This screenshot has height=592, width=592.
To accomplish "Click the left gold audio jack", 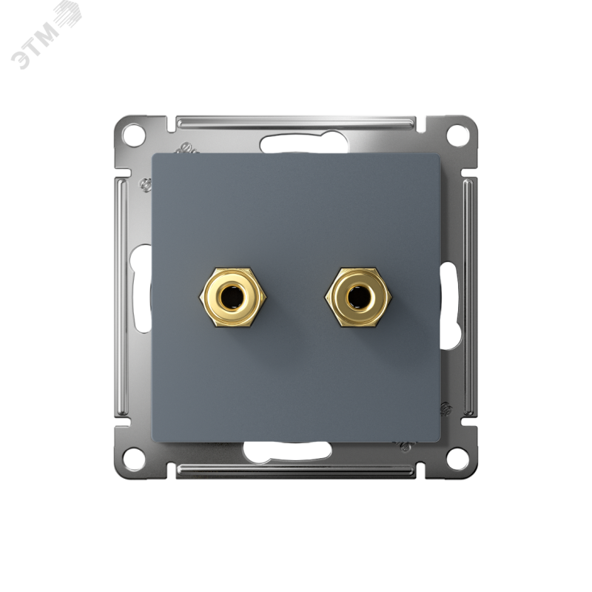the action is [x=233, y=297].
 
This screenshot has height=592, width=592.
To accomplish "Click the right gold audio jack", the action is [x=359, y=297].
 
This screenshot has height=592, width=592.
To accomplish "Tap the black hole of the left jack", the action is [x=232, y=297].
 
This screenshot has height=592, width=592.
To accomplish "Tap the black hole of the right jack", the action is [x=357, y=297].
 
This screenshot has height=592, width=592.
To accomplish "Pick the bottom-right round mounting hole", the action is [x=457, y=458].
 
